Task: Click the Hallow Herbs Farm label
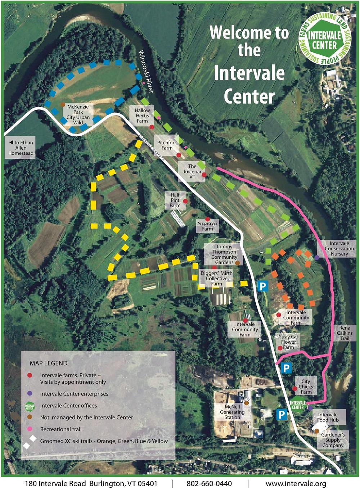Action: [142, 116]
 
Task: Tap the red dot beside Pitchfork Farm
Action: [179, 155]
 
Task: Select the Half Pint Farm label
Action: [175, 200]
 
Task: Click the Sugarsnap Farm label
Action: [207, 226]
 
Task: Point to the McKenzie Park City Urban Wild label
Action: [78, 114]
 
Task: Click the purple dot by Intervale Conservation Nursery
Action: [317, 257]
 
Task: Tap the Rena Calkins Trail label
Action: [345, 333]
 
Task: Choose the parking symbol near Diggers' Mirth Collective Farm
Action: [262, 286]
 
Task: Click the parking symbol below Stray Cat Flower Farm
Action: [286, 368]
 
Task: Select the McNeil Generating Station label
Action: [232, 412]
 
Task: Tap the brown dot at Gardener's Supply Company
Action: [316, 431]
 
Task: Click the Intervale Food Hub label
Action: [328, 417]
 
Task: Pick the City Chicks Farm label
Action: [306, 387]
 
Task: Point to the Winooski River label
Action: [146, 71]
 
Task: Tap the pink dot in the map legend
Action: [30, 429]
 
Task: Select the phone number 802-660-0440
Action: [209, 484]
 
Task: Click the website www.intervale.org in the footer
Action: [296, 484]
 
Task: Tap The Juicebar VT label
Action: [192, 171]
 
